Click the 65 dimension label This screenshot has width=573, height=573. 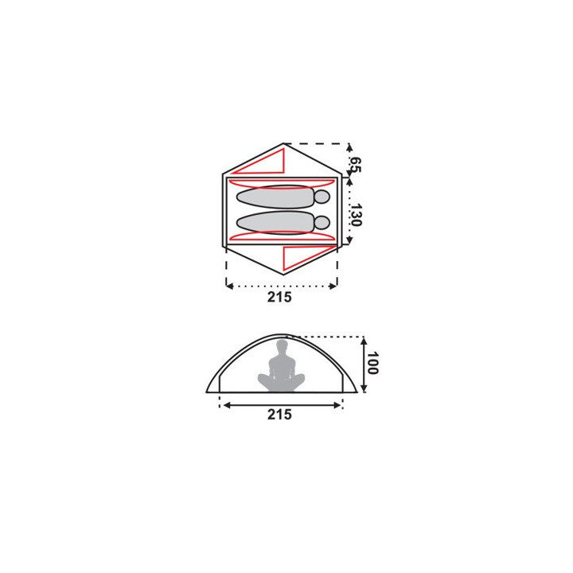[356, 165]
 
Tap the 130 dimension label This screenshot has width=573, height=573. [356, 215]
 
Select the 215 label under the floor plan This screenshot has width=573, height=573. [279, 297]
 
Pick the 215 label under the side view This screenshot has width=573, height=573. [279, 415]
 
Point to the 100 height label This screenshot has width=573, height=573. [372, 363]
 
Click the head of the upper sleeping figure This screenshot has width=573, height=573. [322, 197]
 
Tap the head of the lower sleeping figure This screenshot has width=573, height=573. [322, 223]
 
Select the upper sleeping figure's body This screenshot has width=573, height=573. [275, 197]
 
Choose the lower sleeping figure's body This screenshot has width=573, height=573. [275, 223]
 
